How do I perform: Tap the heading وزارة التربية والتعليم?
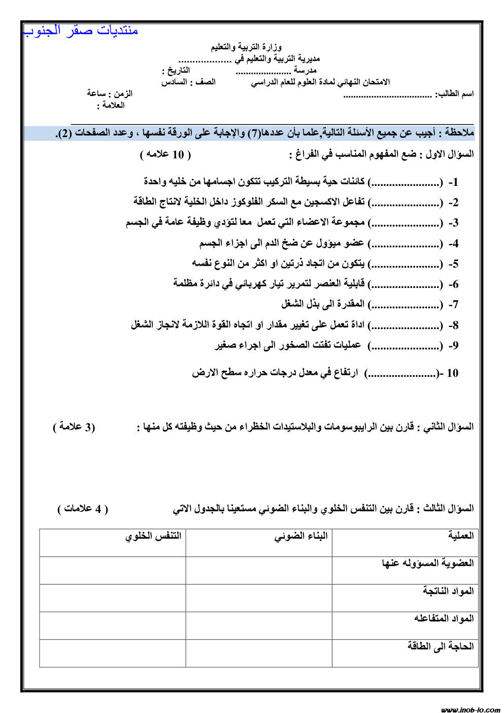247,47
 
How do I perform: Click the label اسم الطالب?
455,94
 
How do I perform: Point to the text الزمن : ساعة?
110,93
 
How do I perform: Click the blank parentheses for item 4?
405,244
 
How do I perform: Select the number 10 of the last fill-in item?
452,373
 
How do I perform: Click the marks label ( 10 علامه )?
165,154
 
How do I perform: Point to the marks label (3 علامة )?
74,427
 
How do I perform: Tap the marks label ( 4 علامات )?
83,509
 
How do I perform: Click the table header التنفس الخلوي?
153,536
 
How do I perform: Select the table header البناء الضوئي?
301,536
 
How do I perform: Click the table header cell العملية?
461,535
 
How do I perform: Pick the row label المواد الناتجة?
448,591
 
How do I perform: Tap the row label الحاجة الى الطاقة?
441,646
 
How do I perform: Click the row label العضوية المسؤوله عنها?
428,563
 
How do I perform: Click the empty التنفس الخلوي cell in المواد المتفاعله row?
113,625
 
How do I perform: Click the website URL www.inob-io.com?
471,709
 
